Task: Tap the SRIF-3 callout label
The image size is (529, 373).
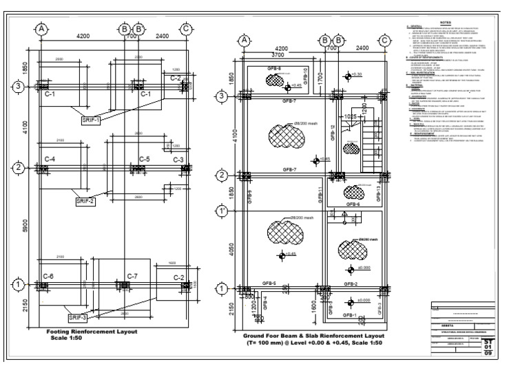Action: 78,317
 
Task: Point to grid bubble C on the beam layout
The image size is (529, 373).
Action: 384,40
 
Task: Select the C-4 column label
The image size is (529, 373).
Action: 50,160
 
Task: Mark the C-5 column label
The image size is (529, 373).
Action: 144,160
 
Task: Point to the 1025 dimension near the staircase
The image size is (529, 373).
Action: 351,117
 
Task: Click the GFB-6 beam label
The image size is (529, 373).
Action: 353,204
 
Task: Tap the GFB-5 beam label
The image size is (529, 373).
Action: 269,284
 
